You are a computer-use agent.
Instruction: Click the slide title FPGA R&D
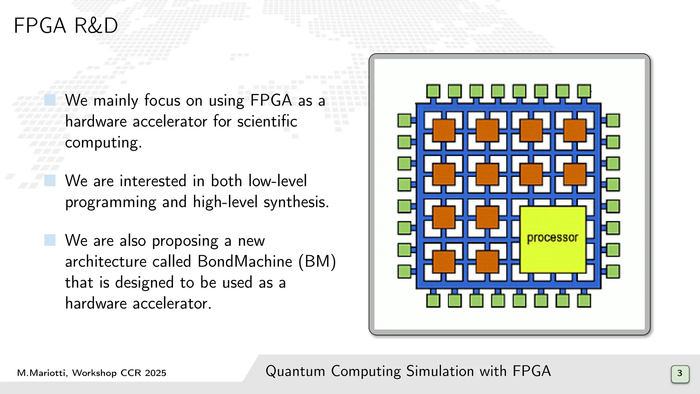pyautogui.click(x=66, y=26)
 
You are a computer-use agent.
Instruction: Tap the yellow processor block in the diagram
pyautogui.click(x=552, y=239)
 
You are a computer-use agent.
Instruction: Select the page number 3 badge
pyautogui.click(x=680, y=373)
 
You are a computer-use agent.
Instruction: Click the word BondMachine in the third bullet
pyautogui.click(x=245, y=262)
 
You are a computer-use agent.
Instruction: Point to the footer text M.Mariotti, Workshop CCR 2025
pyautogui.click(x=92, y=373)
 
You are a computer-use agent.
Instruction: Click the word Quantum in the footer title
pyautogui.click(x=295, y=371)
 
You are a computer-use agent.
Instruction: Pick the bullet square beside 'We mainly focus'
pyautogui.click(x=50, y=100)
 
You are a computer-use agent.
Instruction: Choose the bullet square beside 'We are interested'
pyautogui.click(x=50, y=180)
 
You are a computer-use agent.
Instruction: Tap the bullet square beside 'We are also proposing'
pyautogui.click(x=50, y=240)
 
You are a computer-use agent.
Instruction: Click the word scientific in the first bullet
pyautogui.click(x=267, y=121)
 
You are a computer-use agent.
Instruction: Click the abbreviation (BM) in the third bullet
pyautogui.click(x=318, y=262)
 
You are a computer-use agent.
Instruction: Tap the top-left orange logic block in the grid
pyautogui.click(x=444, y=130)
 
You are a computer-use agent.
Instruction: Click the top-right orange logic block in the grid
pyautogui.click(x=575, y=130)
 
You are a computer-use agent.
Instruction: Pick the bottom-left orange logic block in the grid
pyautogui.click(x=444, y=262)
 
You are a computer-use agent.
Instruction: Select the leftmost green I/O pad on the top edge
pyautogui.click(x=433, y=91)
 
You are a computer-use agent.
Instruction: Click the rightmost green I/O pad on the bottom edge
pyautogui.click(x=584, y=301)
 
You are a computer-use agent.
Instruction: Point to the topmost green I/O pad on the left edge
pyautogui.click(x=404, y=121)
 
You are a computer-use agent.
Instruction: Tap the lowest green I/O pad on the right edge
pyautogui.click(x=613, y=272)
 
